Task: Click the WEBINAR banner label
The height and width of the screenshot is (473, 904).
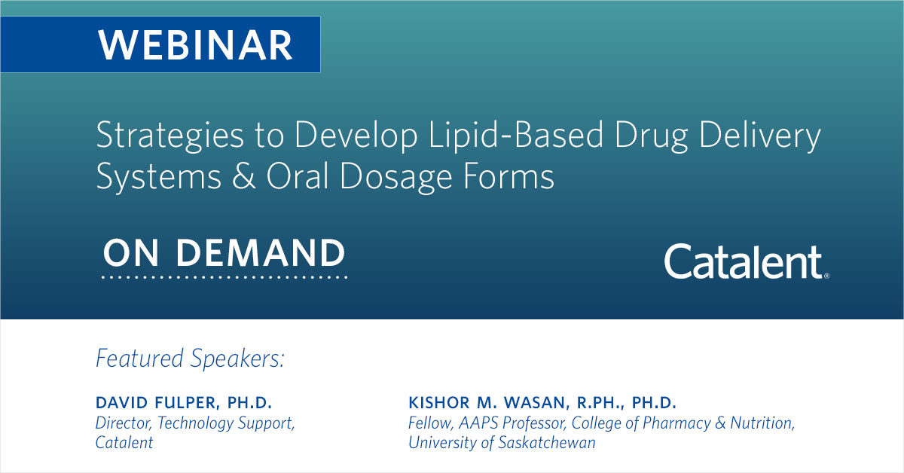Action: [x=196, y=44]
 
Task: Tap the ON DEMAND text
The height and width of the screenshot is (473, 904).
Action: [x=224, y=254]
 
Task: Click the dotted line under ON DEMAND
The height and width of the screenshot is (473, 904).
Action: [x=224, y=278]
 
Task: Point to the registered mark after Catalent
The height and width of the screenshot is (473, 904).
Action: [x=826, y=276]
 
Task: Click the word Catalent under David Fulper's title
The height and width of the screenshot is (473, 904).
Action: [x=124, y=443]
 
